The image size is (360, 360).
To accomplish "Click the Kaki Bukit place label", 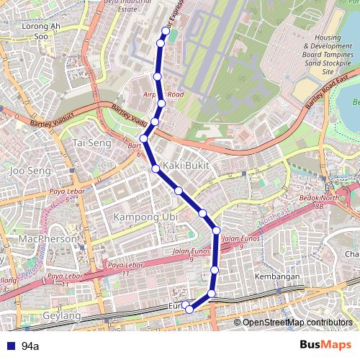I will (185, 166).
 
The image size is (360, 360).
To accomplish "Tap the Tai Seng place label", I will (91, 143).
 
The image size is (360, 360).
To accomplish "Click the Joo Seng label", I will (30, 171).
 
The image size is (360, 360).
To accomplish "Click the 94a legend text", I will (30, 346).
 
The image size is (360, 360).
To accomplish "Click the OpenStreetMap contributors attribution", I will (297, 323).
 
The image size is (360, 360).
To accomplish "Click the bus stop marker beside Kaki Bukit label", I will (156, 168).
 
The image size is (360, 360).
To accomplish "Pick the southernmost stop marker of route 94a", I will (189, 309).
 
